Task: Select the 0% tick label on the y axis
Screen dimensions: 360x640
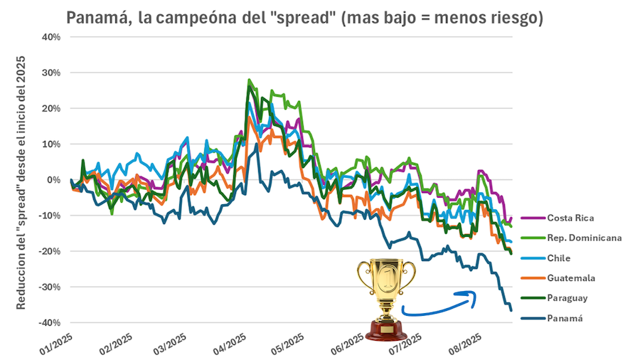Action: pos(53,180)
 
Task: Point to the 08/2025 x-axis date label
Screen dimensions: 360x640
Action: pos(465,345)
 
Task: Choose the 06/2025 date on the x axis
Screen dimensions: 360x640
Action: pos(349,345)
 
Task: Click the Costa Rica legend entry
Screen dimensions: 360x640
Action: pos(570,218)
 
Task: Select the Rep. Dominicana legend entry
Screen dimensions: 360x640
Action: pos(584,238)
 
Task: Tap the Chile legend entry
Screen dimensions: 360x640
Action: pos(558,258)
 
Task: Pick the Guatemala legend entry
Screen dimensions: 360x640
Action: pos(570,277)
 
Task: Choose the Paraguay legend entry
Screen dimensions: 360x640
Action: pos(567,298)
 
